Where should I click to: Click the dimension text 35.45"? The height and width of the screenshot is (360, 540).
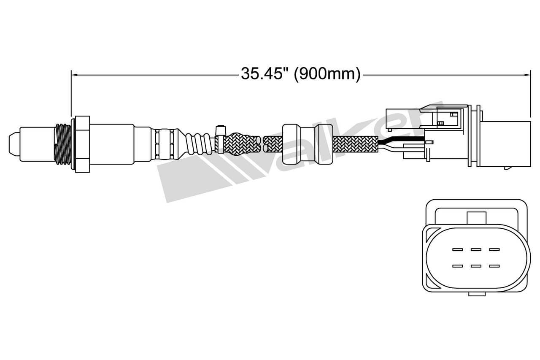click(x=264, y=74)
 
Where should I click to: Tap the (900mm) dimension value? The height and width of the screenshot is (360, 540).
click(x=327, y=74)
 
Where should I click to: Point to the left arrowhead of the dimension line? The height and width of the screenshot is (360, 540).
click(x=74, y=75)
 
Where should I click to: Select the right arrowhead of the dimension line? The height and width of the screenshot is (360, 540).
click(x=527, y=75)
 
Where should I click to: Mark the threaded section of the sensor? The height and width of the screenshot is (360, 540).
click(x=63, y=143)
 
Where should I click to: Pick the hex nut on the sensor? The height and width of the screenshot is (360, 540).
click(x=82, y=143)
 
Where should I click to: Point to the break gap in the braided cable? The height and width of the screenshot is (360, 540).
click(x=262, y=144)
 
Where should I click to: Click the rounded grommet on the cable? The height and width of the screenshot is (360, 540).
click(x=302, y=143)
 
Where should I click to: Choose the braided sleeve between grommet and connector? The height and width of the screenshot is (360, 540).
click(x=355, y=144)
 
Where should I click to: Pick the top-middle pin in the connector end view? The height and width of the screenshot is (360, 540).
click(x=476, y=249)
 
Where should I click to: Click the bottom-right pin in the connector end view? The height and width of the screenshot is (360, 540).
click(x=494, y=266)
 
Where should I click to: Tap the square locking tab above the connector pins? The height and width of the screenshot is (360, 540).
click(x=476, y=218)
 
